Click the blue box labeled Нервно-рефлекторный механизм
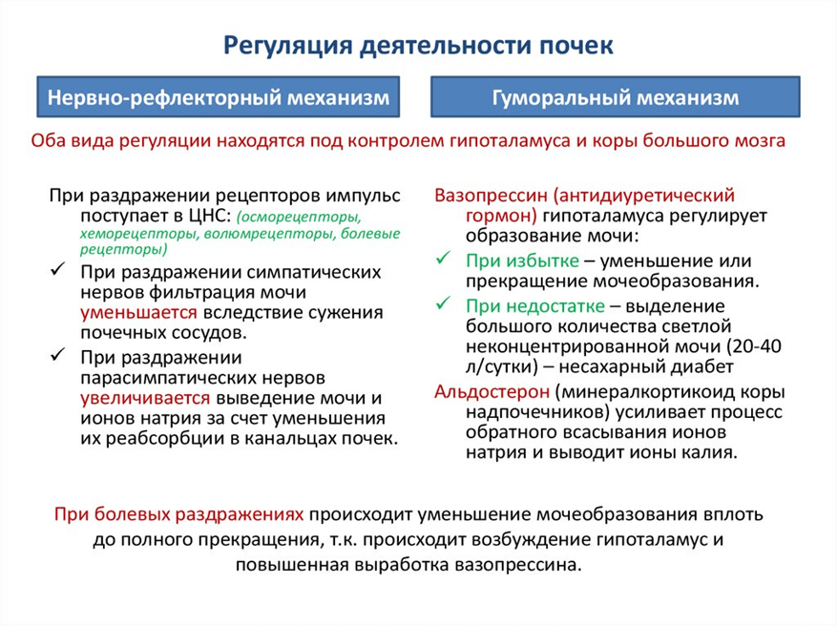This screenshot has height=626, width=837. (218, 96)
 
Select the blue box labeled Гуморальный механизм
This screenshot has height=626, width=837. (616, 96)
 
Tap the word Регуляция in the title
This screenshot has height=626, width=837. (287, 46)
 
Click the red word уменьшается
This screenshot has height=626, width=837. (138, 313)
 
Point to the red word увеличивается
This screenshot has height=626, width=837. (145, 398)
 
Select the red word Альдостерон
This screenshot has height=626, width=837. (492, 391)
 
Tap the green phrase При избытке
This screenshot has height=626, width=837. (522, 261)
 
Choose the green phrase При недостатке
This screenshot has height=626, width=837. (535, 306)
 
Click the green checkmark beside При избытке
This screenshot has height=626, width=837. (444, 259)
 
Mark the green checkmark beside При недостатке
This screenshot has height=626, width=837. (444, 303)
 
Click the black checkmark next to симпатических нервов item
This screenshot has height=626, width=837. (58, 269)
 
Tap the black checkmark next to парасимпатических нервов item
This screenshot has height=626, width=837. (58, 354)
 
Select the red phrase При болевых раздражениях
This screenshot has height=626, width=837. (179, 514)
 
